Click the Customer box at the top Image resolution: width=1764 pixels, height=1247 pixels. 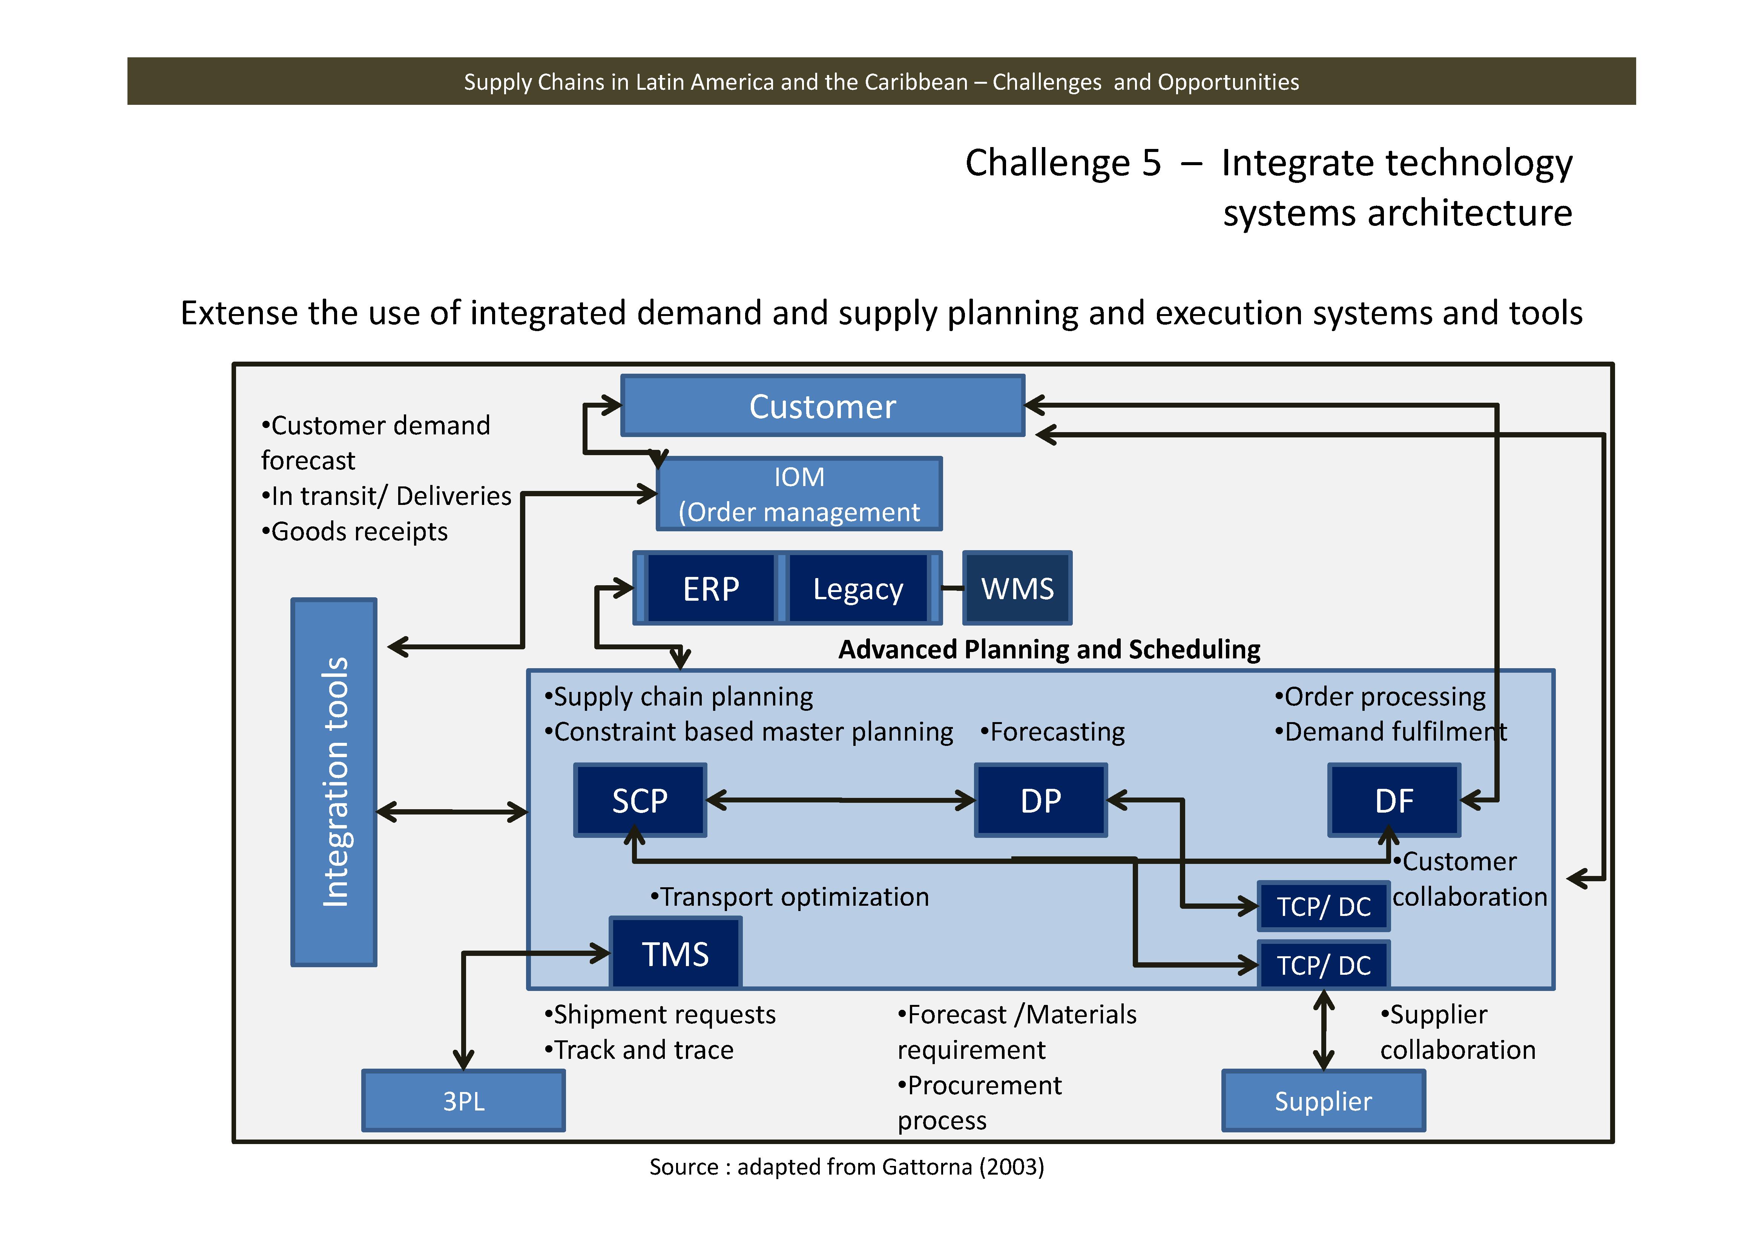(822, 406)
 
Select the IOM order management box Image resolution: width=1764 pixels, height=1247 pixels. (799, 494)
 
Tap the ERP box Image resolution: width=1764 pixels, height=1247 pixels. (711, 589)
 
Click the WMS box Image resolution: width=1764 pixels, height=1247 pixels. (1017, 589)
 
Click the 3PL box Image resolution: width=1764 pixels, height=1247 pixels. (463, 1100)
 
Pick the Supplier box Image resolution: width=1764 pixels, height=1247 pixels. (1323, 1100)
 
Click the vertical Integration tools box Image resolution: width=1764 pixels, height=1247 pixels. (334, 781)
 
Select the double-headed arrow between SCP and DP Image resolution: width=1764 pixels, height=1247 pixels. (841, 800)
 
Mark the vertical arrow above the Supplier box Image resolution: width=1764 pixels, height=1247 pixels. (1323, 1029)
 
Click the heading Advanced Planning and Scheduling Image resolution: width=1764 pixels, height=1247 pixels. (1049, 649)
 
